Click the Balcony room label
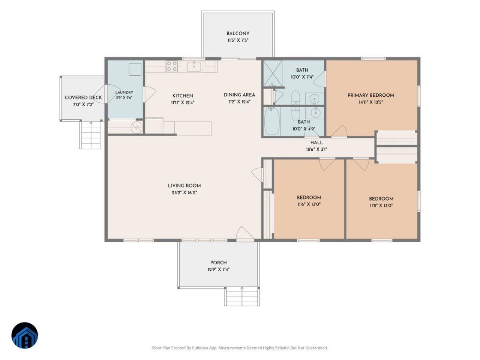coord(238,34)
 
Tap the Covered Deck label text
coord(83,97)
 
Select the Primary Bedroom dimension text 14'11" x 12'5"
coord(370,102)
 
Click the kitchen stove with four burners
coord(171,66)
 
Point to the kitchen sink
coord(194,66)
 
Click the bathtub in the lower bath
coord(272,121)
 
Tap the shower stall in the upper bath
coord(273,73)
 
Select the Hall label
coord(316,143)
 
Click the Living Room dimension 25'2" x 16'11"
coord(184,193)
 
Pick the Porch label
coord(219,262)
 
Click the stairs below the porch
coord(242,296)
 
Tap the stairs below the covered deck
coord(91,135)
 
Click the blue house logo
coord(25,336)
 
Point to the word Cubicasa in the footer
coord(200,348)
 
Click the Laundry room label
coord(124,93)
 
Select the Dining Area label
coord(239,95)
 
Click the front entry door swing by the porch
coord(245,234)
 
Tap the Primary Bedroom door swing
coord(339,131)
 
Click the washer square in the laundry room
coord(135,69)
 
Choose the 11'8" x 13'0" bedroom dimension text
coord(381,205)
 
